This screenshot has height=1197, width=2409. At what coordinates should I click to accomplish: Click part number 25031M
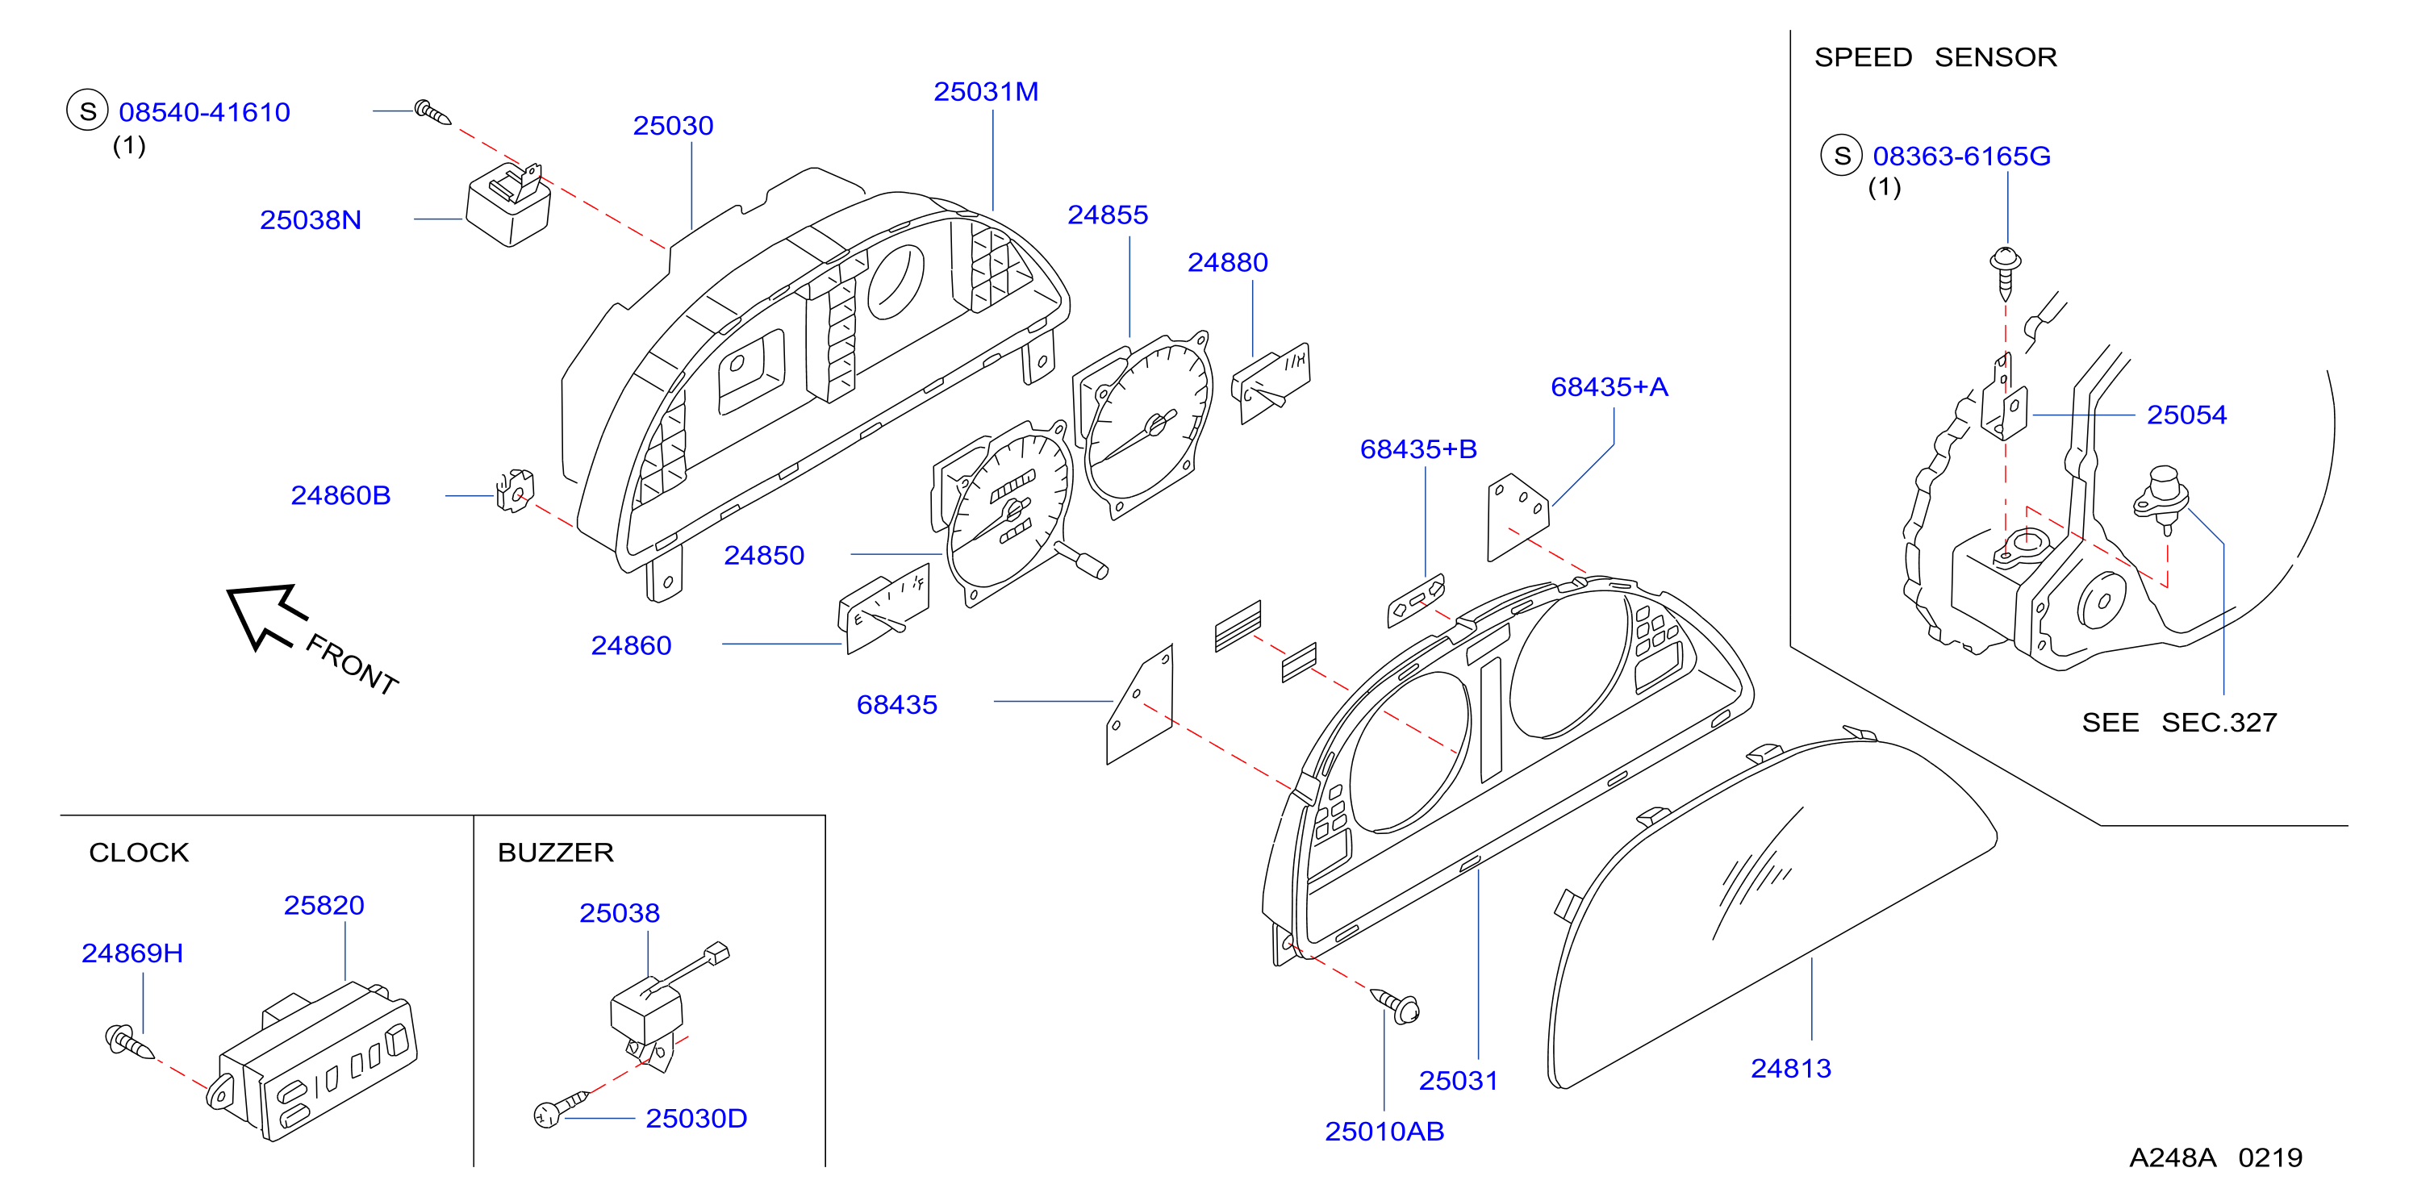click(x=986, y=92)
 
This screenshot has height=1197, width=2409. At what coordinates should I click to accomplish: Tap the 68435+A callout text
click(x=1609, y=387)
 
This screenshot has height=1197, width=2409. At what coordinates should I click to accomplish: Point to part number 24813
click(x=1790, y=1068)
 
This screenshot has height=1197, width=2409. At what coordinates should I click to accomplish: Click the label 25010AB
click(x=1384, y=1132)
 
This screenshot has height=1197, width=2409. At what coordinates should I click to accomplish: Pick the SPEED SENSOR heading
click(x=1935, y=58)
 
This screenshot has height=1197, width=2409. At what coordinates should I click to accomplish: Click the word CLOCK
click(x=139, y=853)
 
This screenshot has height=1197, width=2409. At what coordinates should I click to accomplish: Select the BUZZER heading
click(x=556, y=853)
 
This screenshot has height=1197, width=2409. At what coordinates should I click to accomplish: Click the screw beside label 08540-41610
click(x=432, y=112)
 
